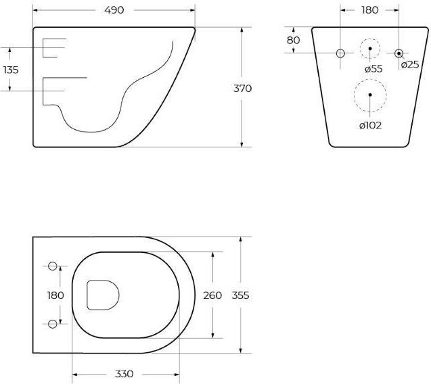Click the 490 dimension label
point(114,10)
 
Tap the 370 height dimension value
point(242,89)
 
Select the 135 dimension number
point(11,70)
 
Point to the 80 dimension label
point(293,41)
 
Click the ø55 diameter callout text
point(373,69)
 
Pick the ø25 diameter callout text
point(410,65)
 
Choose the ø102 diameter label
point(371,126)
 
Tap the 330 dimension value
point(124,374)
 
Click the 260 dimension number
point(212,295)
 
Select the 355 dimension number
point(240,295)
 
